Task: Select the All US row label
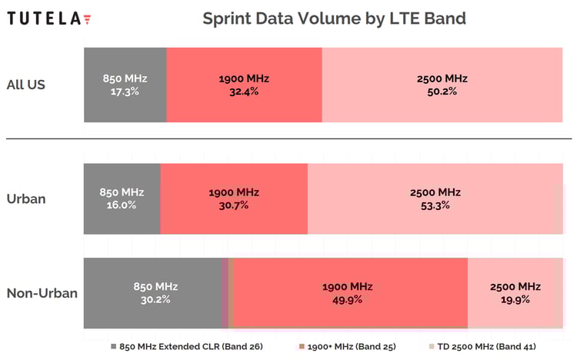click(26, 85)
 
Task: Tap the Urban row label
click(26, 198)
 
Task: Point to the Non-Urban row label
click(42, 293)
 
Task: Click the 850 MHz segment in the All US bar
click(125, 85)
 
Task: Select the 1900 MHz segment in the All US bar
click(244, 85)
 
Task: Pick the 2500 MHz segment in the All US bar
click(442, 85)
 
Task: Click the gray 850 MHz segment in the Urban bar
click(122, 198)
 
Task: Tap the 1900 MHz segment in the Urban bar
click(234, 198)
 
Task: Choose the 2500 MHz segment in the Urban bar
click(435, 198)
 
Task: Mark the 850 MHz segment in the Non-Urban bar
click(152, 293)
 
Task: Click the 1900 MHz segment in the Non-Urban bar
click(350, 293)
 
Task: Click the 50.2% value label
click(442, 91)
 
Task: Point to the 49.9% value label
click(350, 299)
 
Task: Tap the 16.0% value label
click(122, 205)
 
